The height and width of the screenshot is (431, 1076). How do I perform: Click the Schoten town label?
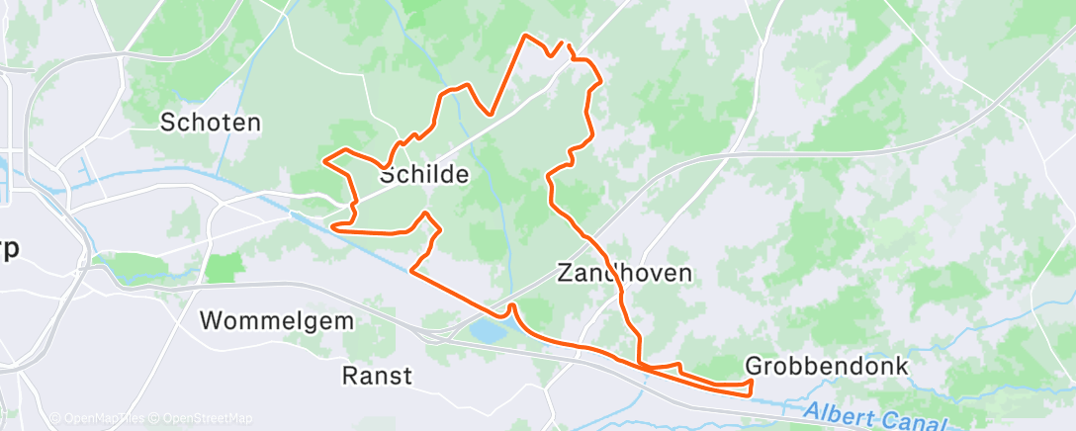coord(211,123)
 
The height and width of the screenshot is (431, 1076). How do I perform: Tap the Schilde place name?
coord(424,174)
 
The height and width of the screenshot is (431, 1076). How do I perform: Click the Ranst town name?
coord(377,376)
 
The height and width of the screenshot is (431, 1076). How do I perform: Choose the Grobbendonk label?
coord(826,366)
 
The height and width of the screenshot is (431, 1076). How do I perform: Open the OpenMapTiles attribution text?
coord(97,419)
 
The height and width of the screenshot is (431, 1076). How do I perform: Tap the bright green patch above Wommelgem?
coord(224,267)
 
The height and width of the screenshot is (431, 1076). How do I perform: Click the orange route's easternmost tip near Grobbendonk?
coord(751,382)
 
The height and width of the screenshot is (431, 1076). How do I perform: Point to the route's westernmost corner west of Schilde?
coord(325,159)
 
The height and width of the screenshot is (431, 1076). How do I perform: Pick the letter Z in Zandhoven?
coord(565,273)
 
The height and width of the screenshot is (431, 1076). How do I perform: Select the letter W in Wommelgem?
coord(210,321)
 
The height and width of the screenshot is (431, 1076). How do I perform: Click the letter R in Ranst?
coord(349,376)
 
